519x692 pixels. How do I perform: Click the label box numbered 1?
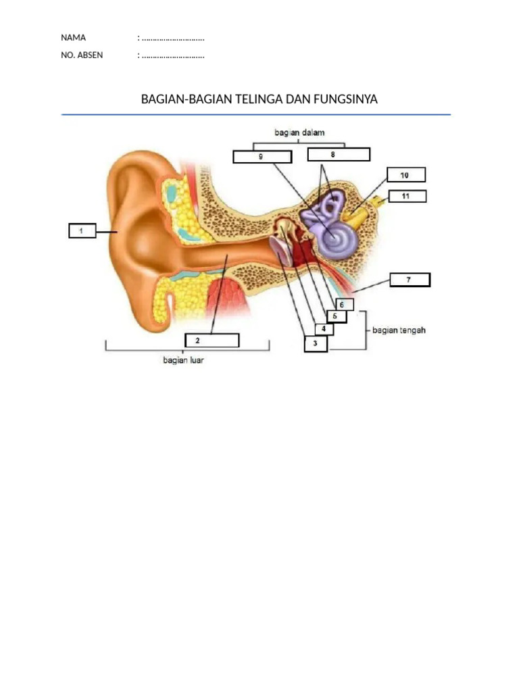[x=81, y=231]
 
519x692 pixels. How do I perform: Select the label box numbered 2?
[x=212, y=340]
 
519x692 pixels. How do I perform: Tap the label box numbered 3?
[x=316, y=345]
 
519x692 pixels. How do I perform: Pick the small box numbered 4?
[x=324, y=329]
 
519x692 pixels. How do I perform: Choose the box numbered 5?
[x=336, y=316]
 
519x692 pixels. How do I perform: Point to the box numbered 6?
[x=343, y=304]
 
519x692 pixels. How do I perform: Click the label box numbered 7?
[x=410, y=279]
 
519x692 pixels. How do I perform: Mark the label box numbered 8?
[x=338, y=155]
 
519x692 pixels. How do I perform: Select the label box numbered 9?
[x=262, y=156]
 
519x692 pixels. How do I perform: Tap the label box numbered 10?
[x=405, y=175]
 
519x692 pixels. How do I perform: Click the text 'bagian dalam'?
[x=299, y=133]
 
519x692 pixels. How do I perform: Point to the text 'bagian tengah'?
[x=399, y=330]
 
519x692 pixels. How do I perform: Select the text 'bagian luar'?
[x=183, y=360]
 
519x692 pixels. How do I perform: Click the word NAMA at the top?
[x=74, y=38]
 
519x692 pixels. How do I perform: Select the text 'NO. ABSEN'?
[x=82, y=55]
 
